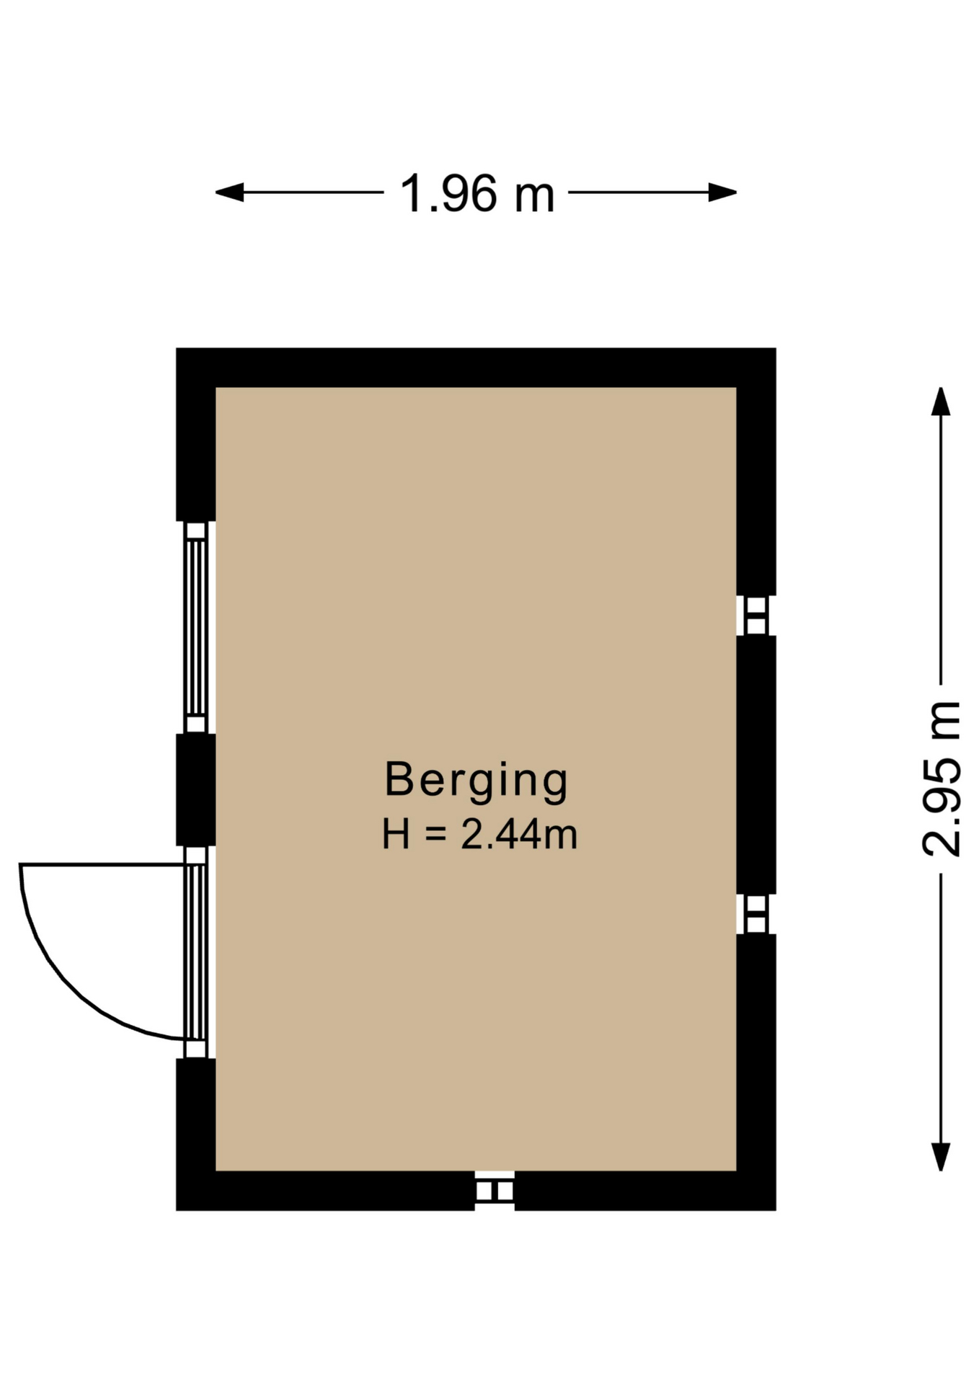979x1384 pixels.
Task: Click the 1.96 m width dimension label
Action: pyautogui.click(x=477, y=193)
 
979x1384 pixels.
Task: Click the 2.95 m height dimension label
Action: pyautogui.click(x=942, y=778)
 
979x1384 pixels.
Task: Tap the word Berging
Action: pyautogui.click(x=477, y=781)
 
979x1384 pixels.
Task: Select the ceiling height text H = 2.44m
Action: pyautogui.click(x=479, y=834)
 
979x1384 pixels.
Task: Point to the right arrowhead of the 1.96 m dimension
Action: pyautogui.click(x=722, y=192)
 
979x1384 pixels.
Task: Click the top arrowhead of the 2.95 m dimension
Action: pyautogui.click(x=940, y=402)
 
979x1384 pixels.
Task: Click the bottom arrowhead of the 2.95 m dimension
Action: pyautogui.click(x=940, y=1157)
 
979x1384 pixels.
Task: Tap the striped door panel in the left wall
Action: pyautogui.click(x=195, y=951)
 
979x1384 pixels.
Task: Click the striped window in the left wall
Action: pyautogui.click(x=195, y=626)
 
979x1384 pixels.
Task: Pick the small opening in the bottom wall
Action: pyautogui.click(x=495, y=1191)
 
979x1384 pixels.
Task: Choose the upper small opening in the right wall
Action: pyautogui.click(x=756, y=616)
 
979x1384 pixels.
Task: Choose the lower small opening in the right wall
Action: pyautogui.click(x=756, y=914)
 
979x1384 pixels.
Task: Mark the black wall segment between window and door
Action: pyautogui.click(x=196, y=789)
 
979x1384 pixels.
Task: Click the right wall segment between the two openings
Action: pyautogui.click(x=756, y=765)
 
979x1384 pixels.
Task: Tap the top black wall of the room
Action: pyautogui.click(x=476, y=368)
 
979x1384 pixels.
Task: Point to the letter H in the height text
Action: pyautogui.click(x=397, y=834)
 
